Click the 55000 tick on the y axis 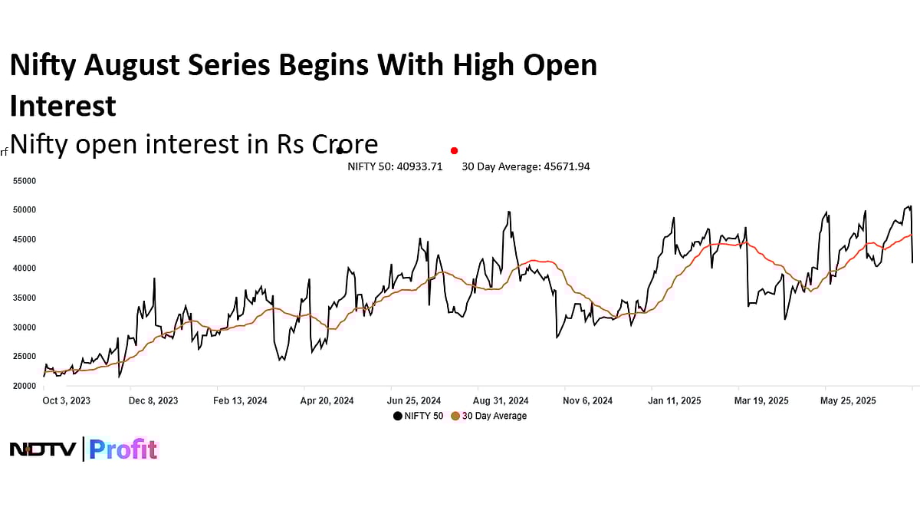pyautogui.click(x=25, y=180)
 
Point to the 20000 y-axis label pyautogui.click(x=25, y=386)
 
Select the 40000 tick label pyautogui.click(x=25, y=268)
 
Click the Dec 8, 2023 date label pyautogui.click(x=153, y=400)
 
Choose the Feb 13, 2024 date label pyautogui.click(x=240, y=400)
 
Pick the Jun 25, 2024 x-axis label pyautogui.click(x=414, y=400)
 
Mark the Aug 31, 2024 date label pyautogui.click(x=501, y=400)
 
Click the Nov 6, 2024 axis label pyautogui.click(x=587, y=400)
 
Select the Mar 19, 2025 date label pyautogui.click(x=761, y=400)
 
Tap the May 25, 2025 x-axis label pyautogui.click(x=848, y=400)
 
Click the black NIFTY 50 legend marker pyautogui.click(x=398, y=416)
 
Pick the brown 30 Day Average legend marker pyautogui.click(x=455, y=416)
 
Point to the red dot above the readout pyautogui.click(x=454, y=150)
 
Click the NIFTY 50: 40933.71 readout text pyautogui.click(x=395, y=166)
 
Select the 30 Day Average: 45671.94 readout pyautogui.click(x=525, y=166)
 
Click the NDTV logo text pyautogui.click(x=42, y=449)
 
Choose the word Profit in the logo pyautogui.click(x=123, y=449)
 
